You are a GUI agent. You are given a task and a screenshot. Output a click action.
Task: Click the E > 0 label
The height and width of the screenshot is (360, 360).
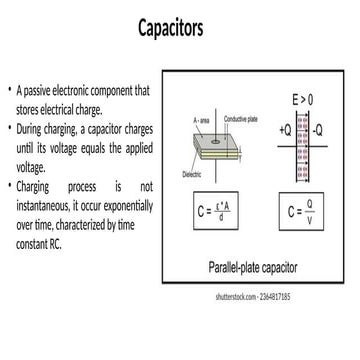coord(302,101)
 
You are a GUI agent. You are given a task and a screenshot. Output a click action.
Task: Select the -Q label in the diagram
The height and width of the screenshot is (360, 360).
coord(318,130)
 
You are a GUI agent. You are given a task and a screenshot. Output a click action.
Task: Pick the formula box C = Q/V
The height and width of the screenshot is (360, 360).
coord(300,213)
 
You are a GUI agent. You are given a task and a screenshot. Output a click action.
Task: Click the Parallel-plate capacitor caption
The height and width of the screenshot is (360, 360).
coord(258,268)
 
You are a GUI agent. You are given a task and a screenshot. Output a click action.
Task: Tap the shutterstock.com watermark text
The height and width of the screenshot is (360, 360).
coord(251,298)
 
